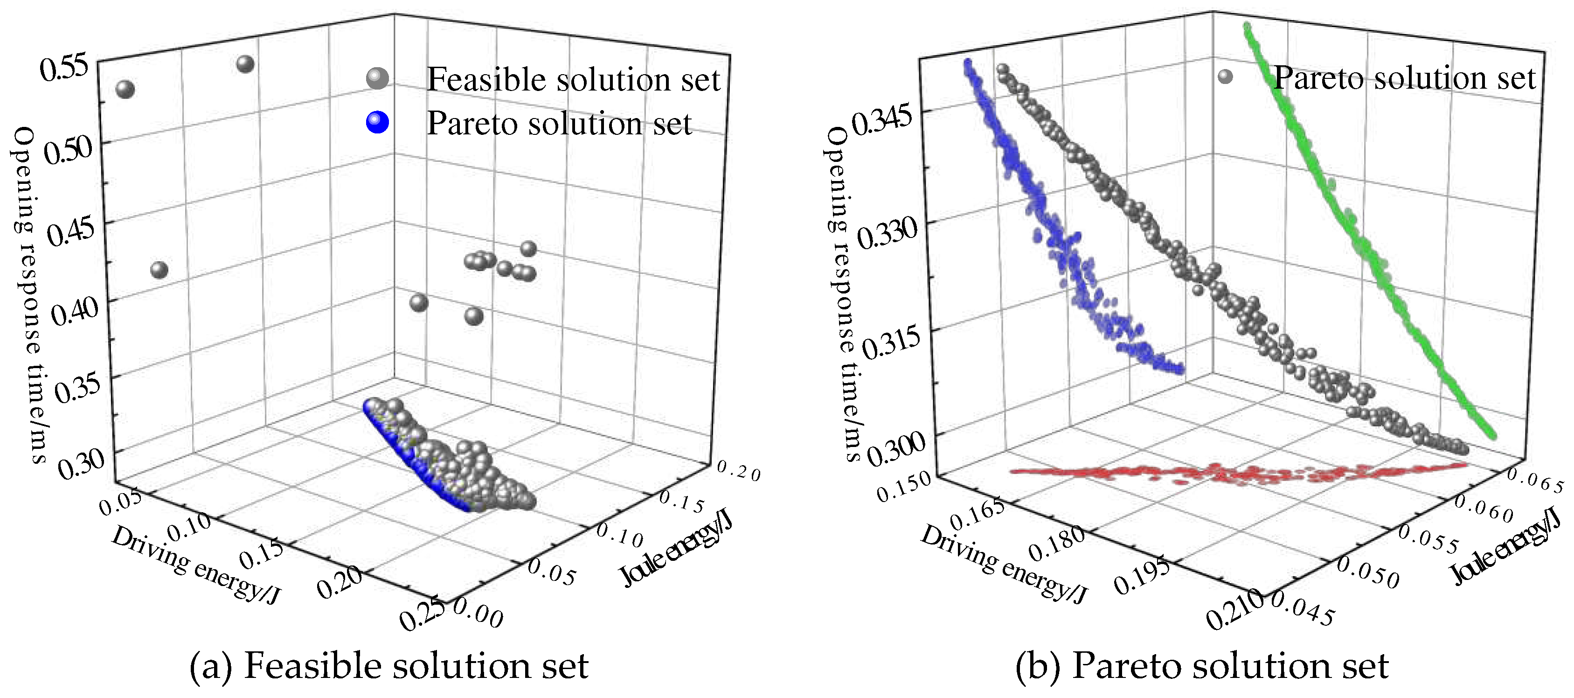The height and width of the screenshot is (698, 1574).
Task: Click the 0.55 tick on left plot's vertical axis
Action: click(x=64, y=67)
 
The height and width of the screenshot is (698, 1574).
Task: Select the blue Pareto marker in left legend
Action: click(x=377, y=122)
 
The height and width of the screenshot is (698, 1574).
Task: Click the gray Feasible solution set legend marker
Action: click(x=377, y=78)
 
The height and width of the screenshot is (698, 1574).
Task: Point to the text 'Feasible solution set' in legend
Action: click(x=573, y=79)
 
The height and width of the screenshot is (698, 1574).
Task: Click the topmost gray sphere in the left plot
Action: click(x=245, y=63)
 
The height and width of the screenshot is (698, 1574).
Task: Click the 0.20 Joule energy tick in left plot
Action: click(x=738, y=471)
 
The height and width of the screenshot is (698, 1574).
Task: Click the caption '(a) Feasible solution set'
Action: click(x=388, y=666)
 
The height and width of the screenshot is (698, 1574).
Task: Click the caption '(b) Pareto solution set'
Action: click(x=1201, y=666)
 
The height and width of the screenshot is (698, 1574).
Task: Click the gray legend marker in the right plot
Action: click(x=1225, y=77)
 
